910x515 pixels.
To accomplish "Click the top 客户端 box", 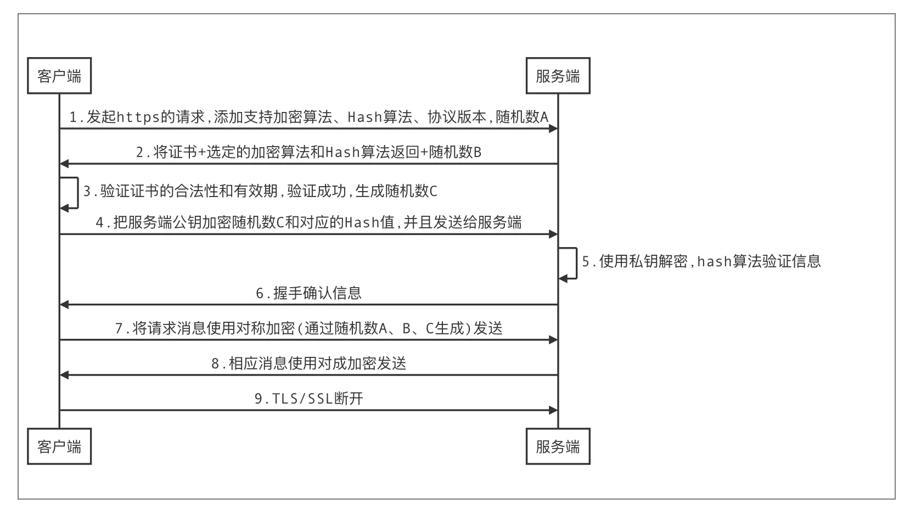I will click(x=59, y=76).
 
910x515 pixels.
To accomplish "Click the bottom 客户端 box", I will click(x=59, y=446).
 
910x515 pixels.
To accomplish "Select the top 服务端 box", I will click(x=558, y=76).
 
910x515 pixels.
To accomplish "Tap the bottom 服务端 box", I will click(x=558, y=446).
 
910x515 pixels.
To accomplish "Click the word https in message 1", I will click(x=138, y=117).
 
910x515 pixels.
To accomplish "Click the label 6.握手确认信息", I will click(x=308, y=293).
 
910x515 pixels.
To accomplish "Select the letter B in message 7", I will click(x=407, y=328).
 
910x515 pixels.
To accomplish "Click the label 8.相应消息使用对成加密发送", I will click(x=308, y=363).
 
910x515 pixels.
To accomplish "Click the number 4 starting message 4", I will click(x=99, y=222).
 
